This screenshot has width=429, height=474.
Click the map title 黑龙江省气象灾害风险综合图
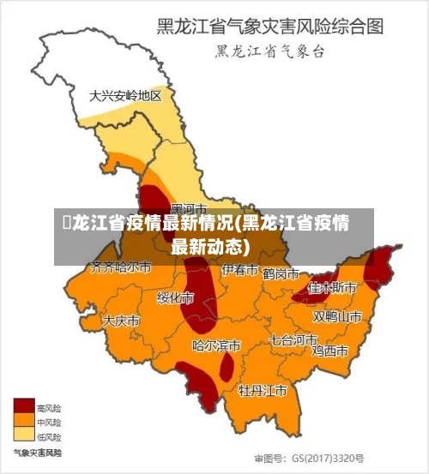[x=268, y=27]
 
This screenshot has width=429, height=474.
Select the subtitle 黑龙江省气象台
[x=269, y=52]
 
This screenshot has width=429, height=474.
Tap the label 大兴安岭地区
[x=125, y=96]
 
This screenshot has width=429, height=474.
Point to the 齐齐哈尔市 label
[x=121, y=268]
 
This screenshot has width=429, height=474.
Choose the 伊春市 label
[x=240, y=271]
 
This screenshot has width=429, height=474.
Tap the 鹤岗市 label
[x=281, y=274]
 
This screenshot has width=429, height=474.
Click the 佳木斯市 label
[x=333, y=287]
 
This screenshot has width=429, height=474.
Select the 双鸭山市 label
[x=337, y=316]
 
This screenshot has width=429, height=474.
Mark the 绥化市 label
[x=175, y=298]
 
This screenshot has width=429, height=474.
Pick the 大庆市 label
[x=121, y=321]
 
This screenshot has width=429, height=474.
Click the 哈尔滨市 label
[x=216, y=346]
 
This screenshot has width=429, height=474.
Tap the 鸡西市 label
[x=329, y=351]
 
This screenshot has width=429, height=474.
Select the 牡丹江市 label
[x=263, y=391]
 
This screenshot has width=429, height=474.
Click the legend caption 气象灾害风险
[x=37, y=452]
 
